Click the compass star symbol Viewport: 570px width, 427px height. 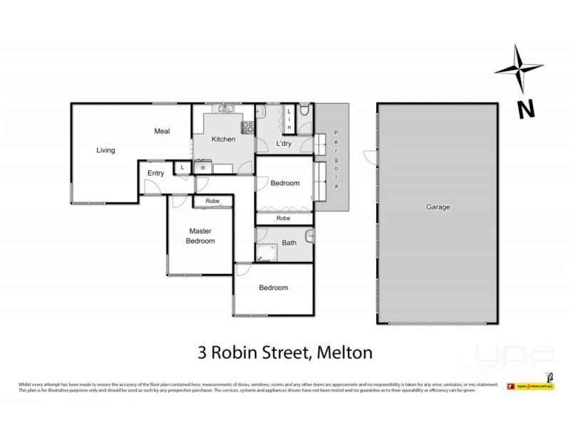click(522, 69)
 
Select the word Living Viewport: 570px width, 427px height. click(106, 150)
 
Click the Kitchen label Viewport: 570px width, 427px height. click(223, 139)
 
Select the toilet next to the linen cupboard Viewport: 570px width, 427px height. click(304, 111)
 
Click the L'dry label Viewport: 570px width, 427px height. click(284, 144)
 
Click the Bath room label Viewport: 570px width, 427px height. click(289, 243)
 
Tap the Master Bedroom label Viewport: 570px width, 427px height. click(201, 236)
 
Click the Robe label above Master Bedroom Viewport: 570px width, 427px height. click(212, 201)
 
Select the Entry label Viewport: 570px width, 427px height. click(155, 173)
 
